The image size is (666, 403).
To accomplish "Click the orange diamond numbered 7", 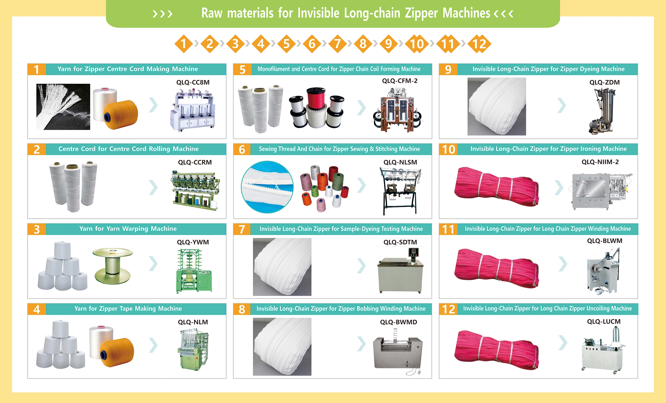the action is click(337, 44).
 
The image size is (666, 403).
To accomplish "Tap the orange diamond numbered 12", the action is click(479, 44).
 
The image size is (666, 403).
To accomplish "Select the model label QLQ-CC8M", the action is click(193, 82).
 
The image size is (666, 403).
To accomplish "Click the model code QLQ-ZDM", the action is click(604, 82).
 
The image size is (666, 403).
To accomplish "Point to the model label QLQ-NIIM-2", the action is click(600, 162).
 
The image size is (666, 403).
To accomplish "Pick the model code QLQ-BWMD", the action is click(398, 322).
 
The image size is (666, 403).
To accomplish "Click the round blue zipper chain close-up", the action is click(267, 187).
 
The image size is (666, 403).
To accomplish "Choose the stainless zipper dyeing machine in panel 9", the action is click(602, 111).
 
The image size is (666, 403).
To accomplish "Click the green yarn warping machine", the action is click(194, 271).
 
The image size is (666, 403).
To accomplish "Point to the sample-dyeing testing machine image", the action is click(400, 270).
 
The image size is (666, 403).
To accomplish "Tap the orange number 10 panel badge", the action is click(448, 149).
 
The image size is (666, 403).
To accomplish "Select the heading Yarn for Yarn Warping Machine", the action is click(128, 229).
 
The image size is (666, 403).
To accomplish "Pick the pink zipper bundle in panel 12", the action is click(496, 350).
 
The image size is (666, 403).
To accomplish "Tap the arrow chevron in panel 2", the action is click(153, 187).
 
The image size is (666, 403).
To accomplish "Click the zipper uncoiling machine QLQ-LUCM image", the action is click(604, 350).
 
